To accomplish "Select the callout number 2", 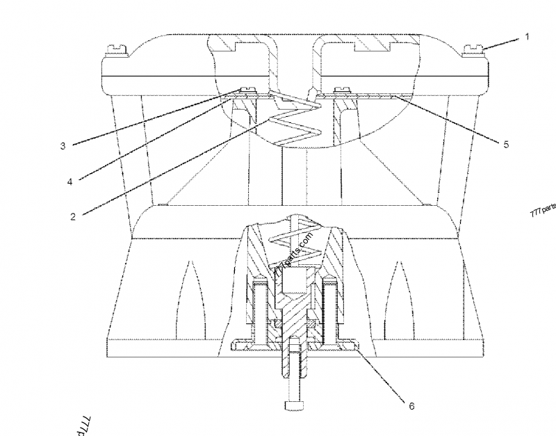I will point(72,216).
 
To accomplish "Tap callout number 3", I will point(63,145).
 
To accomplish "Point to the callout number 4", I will point(69,181).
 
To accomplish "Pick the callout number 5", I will point(506,144).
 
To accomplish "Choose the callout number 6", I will point(411,406).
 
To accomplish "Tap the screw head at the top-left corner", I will point(114,49).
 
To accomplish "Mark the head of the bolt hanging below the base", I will point(293,403).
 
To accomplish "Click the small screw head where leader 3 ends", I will point(246,89).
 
